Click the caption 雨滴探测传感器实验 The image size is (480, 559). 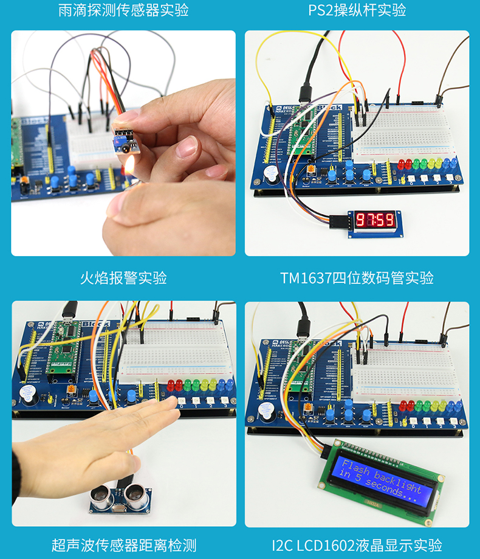[x=123, y=10]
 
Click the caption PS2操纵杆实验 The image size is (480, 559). [x=357, y=10]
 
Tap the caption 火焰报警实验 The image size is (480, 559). [x=123, y=279]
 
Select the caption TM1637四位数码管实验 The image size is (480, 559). [x=357, y=279]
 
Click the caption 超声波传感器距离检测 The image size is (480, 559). [x=123, y=546]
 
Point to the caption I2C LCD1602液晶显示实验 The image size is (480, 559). [x=357, y=546]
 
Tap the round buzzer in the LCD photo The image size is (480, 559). [x=265, y=413]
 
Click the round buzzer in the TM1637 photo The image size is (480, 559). [x=272, y=175]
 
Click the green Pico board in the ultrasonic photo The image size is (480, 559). [x=63, y=347]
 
